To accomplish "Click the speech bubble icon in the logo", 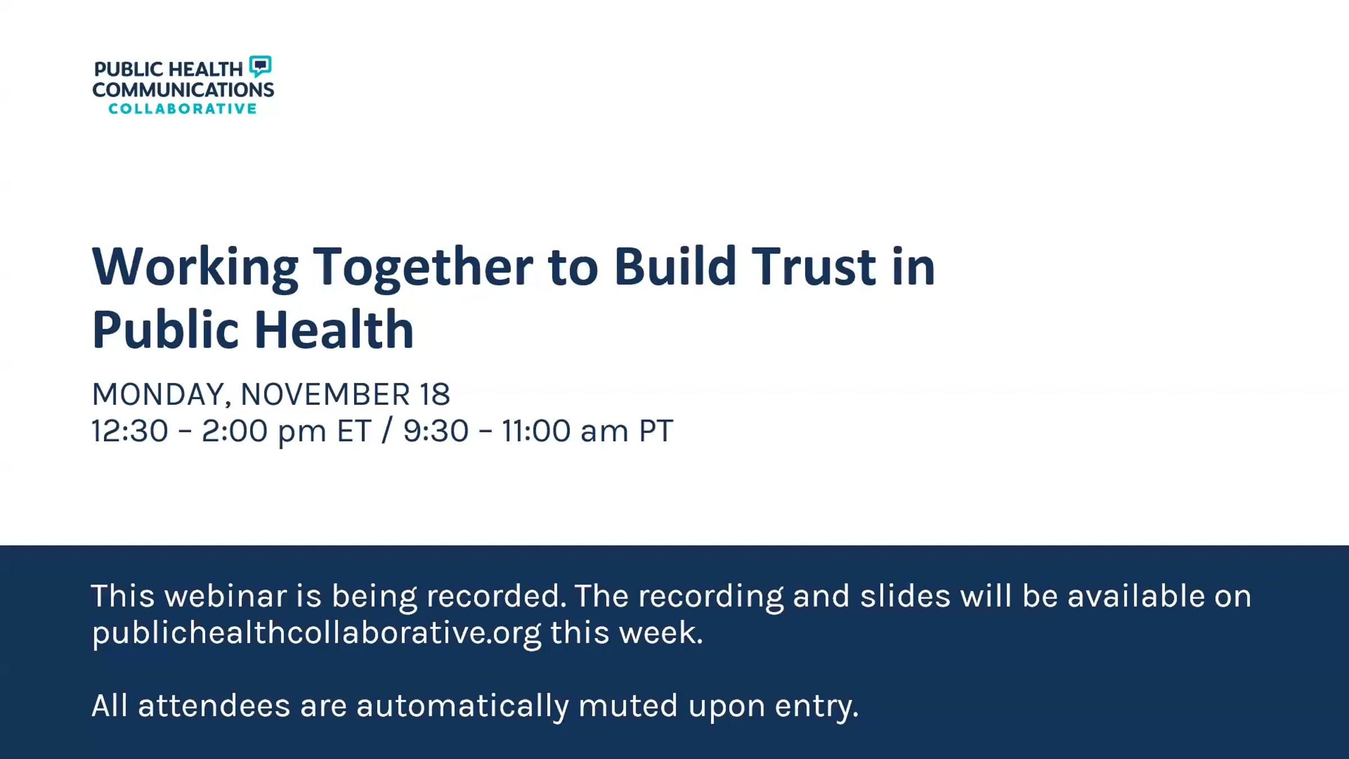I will tap(260, 66).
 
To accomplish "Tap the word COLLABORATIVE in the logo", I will tap(183, 109).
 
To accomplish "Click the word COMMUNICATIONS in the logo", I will tap(183, 89).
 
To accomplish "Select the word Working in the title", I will tap(194, 267).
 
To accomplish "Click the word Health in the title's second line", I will tap(334, 329).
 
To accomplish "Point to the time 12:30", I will tap(130, 431).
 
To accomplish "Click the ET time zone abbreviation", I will tap(354, 431).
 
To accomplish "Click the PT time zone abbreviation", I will tap(656, 431).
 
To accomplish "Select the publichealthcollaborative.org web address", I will tap(316, 633).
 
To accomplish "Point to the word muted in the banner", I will tap(628, 706).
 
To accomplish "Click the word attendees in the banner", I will tap(214, 706).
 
